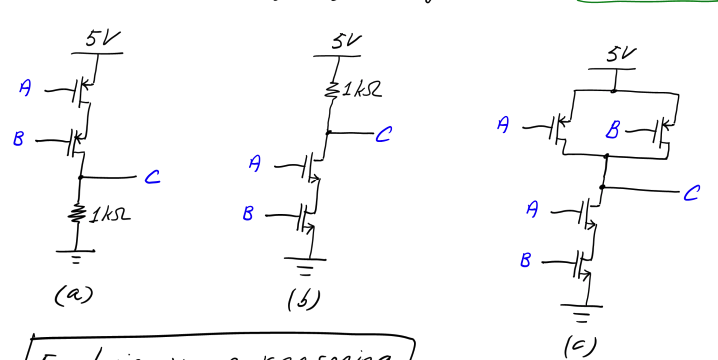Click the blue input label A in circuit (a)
pyautogui.click(x=27, y=89)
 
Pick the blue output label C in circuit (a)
pyautogui.click(x=151, y=178)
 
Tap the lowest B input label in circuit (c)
pyautogui.click(x=527, y=259)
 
